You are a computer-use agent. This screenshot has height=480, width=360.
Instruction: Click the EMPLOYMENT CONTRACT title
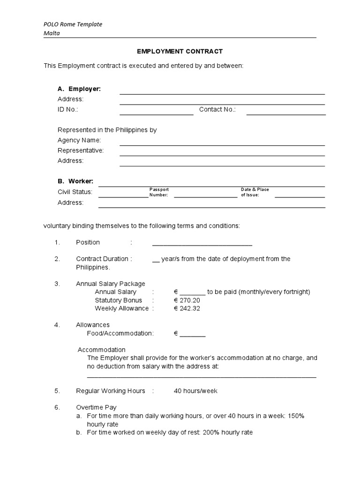tap(180, 51)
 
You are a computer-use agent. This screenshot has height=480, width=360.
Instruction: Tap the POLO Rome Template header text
tap(73, 24)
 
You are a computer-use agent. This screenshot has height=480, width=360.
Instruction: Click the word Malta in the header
tap(52, 33)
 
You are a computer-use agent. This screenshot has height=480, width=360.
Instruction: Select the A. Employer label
tap(79, 89)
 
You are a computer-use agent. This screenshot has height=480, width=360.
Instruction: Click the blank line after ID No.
tap(156, 113)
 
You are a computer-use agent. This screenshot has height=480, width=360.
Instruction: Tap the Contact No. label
tap(217, 109)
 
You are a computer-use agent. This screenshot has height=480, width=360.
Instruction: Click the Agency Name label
tap(79, 140)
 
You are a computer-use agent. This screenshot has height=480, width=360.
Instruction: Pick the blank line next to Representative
tap(222, 154)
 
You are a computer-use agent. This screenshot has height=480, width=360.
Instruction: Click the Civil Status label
tap(75, 192)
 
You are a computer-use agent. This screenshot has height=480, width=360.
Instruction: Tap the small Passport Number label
tap(159, 192)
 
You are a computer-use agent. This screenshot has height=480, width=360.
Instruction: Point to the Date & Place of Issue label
tap(255, 192)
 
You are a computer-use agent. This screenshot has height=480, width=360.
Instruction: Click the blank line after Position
tap(202, 244)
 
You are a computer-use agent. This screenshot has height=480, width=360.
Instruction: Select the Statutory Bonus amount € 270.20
tap(187, 300)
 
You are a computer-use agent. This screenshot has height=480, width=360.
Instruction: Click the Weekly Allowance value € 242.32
tap(187, 308)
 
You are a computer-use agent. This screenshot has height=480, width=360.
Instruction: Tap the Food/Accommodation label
tap(120, 333)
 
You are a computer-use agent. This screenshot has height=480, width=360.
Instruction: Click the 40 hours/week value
tap(195, 391)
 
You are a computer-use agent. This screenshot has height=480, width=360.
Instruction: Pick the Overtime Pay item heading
tap(96, 407)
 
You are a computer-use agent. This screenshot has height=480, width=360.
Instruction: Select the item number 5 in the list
tap(57, 391)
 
